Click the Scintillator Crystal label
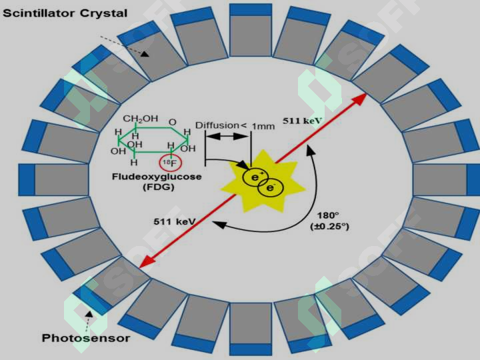click(x=65, y=13)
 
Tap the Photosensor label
click(x=86, y=338)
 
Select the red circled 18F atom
click(x=171, y=163)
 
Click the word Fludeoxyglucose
click(x=157, y=177)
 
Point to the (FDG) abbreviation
click(x=159, y=187)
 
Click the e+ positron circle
click(x=255, y=177)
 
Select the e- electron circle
click(x=271, y=187)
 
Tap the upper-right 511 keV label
click(x=302, y=121)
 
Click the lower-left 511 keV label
click(x=175, y=221)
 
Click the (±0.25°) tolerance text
click(x=330, y=227)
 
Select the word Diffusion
click(x=217, y=125)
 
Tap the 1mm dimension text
click(x=263, y=126)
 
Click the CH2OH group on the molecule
click(x=141, y=119)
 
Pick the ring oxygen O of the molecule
click(x=173, y=123)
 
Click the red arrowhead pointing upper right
click(x=360, y=99)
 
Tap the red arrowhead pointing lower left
click(x=146, y=263)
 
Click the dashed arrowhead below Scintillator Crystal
click(x=145, y=53)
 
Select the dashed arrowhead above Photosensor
click(x=89, y=315)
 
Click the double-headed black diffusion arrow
click(x=228, y=136)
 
